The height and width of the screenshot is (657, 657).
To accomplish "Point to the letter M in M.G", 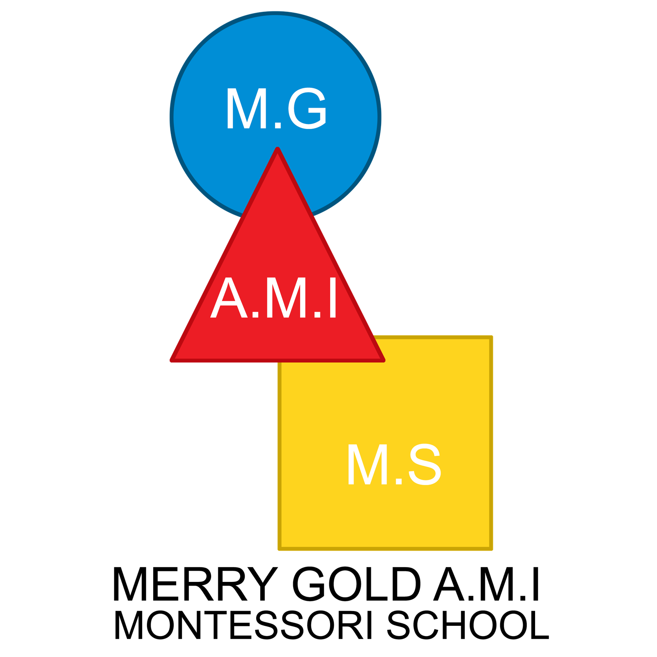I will [x=244, y=109].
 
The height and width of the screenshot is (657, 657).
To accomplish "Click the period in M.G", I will [x=278, y=126].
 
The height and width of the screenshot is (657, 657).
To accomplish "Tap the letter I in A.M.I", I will [x=332, y=299].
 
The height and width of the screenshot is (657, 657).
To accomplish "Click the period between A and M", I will [x=255, y=315].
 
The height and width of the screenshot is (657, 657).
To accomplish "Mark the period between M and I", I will [x=317, y=315].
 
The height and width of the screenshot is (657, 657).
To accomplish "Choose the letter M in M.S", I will [x=365, y=465].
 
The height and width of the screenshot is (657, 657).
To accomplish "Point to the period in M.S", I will [x=398, y=482].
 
